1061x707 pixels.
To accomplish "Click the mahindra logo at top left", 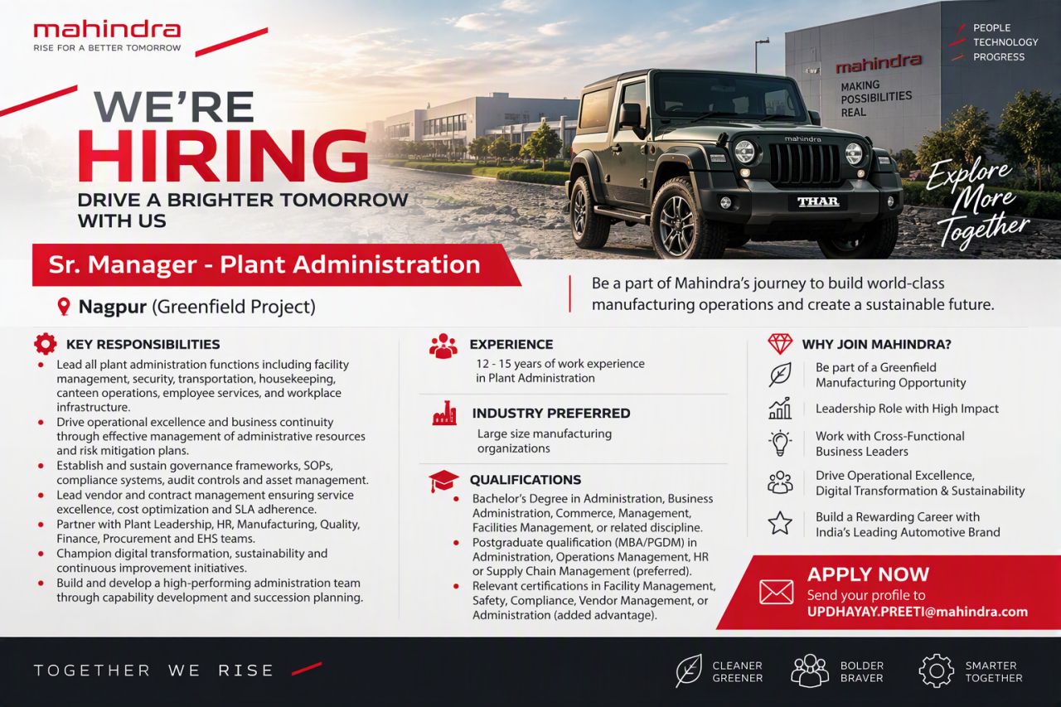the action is tap(107, 36).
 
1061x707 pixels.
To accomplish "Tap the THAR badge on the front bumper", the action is tap(818, 202).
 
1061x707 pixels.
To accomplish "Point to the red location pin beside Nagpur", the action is tap(64, 307).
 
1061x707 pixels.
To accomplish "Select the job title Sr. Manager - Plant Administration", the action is tap(264, 264).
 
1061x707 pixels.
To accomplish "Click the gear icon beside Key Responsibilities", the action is tap(46, 344).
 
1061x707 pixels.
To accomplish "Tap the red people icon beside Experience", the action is tap(443, 346).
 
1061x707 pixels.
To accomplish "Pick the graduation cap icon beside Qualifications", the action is tap(443, 481).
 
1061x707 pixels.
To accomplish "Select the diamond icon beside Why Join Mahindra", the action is tap(780, 344).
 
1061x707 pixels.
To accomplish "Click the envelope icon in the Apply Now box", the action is tap(776, 592).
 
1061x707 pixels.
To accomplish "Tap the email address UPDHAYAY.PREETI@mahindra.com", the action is tap(918, 612).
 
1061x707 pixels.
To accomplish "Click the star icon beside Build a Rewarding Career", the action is tap(780, 523).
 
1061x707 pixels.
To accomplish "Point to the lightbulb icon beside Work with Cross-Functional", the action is tap(780, 443).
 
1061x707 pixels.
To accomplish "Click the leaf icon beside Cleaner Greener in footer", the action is tap(689, 671).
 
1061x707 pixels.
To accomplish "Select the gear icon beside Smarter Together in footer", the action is tap(936, 671).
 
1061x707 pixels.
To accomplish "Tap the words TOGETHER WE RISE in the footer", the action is tap(154, 671).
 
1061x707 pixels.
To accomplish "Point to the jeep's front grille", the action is tap(804, 164).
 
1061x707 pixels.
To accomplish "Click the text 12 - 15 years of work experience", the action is tap(560, 364).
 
